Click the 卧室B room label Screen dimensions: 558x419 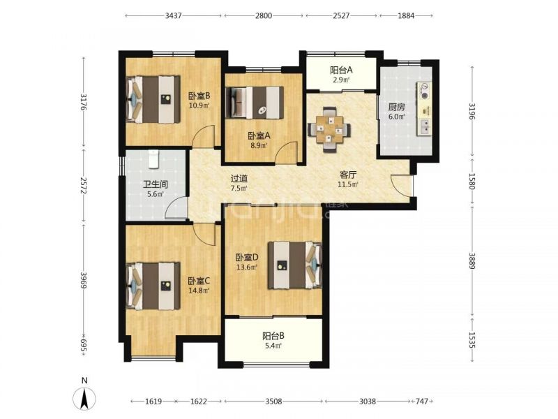point(199,96)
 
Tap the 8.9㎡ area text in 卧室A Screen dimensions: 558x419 point(259,145)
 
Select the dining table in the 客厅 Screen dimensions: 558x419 point(329,129)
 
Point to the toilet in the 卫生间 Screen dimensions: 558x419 point(153,159)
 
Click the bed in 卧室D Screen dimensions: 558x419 point(294,265)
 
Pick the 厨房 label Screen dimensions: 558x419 point(396,107)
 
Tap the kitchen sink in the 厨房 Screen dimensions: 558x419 point(425,127)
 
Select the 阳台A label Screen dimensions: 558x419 point(341,71)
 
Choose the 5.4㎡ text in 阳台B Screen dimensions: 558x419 point(273,345)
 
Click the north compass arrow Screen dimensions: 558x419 point(84,398)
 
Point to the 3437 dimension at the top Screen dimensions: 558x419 point(174,15)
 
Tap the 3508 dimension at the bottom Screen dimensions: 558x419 point(273,402)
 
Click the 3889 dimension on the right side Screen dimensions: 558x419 point(472,261)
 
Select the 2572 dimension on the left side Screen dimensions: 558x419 point(84,185)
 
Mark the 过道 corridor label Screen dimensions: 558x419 point(239,179)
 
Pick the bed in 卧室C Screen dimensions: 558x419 point(153,286)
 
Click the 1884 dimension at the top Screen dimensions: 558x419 point(406,15)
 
